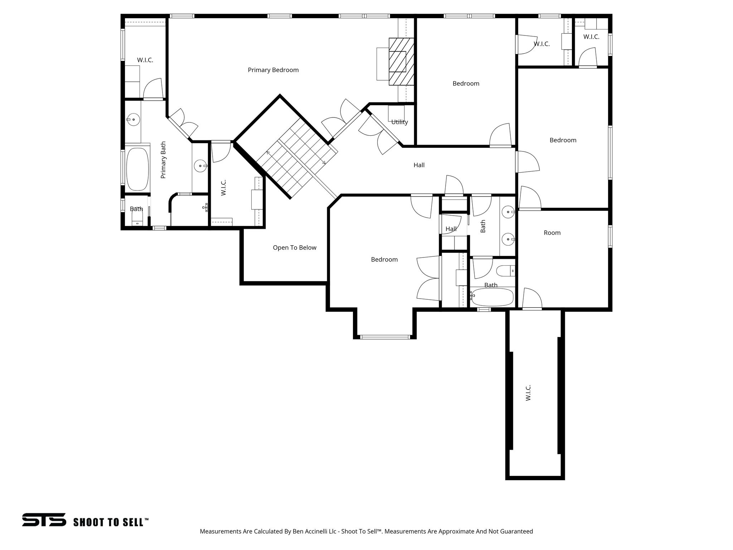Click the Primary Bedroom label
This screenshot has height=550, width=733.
(273, 70)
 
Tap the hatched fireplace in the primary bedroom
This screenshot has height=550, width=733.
(401, 62)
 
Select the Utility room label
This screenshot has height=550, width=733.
(399, 122)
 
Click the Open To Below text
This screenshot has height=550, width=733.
(295, 248)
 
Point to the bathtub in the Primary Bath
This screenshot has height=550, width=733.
(137, 169)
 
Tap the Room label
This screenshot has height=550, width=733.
(552, 233)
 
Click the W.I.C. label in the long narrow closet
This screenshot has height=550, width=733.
(528, 393)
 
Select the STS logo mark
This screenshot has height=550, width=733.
(44, 520)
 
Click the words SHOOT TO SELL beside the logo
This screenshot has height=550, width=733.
(110, 522)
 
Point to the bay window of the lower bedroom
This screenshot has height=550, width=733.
(385, 337)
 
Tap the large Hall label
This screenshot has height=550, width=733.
(419, 165)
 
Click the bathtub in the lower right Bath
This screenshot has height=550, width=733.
(492, 297)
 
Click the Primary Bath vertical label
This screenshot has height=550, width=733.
(163, 160)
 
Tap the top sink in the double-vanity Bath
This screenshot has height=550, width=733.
(508, 212)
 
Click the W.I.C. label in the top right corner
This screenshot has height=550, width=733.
(591, 37)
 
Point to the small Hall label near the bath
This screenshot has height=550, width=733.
(451, 229)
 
